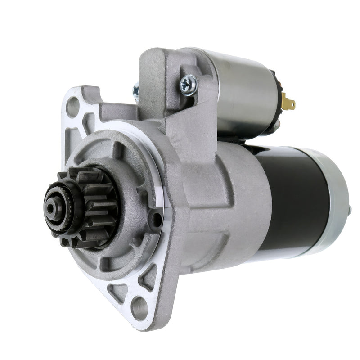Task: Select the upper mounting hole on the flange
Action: (x=72, y=107)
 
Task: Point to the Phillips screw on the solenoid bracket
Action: (x=188, y=84)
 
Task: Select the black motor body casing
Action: (x=297, y=198)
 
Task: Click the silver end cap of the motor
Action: (x=337, y=202)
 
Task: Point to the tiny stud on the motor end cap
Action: (x=350, y=210)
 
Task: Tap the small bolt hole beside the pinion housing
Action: (x=156, y=220)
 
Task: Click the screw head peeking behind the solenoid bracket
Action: (x=135, y=91)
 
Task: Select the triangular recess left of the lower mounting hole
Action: (x=118, y=292)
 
